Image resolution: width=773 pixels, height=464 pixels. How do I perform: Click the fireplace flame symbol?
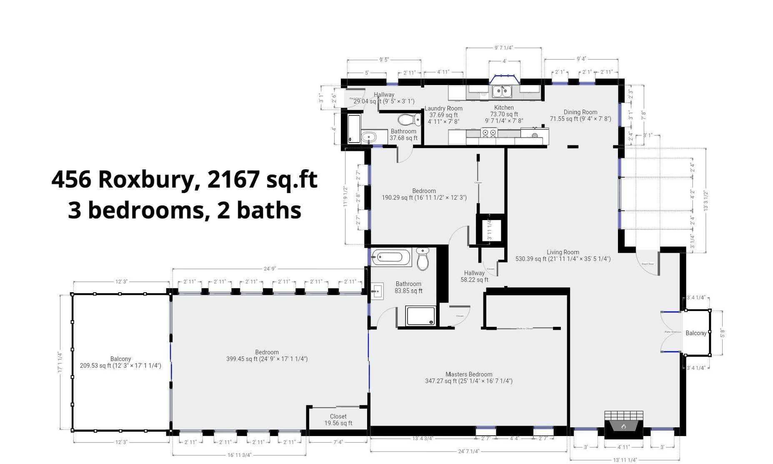pyautogui.click(x=624, y=426)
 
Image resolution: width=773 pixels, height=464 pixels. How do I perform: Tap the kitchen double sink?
pyautogui.click(x=503, y=90)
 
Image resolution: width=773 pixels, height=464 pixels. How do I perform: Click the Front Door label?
pyautogui.click(x=648, y=264)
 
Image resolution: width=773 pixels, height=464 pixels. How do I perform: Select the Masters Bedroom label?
pyautogui.click(x=469, y=374)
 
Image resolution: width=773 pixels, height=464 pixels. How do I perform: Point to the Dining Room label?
pyautogui.click(x=580, y=112)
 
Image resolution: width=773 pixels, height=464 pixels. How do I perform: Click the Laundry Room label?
pyautogui.click(x=443, y=108)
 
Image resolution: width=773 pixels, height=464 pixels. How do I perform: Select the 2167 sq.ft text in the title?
pyautogui.click(x=262, y=180)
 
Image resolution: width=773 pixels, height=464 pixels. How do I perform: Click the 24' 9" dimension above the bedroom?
pyautogui.click(x=270, y=269)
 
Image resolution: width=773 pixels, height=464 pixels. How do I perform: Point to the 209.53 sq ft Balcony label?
pyautogui.click(x=120, y=362)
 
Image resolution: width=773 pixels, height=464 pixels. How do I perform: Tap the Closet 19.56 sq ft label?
pyautogui.click(x=338, y=420)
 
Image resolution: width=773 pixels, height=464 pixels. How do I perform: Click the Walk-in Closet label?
pyautogui.click(x=525, y=329)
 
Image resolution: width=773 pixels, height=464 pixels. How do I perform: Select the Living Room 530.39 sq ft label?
pyautogui.click(x=563, y=256)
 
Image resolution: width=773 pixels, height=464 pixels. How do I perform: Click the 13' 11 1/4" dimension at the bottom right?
pyautogui.click(x=625, y=460)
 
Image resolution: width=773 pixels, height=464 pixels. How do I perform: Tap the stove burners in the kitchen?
pyautogui.click(x=489, y=133)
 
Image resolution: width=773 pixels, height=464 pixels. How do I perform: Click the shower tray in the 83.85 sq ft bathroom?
pyautogui.click(x=421, y=316)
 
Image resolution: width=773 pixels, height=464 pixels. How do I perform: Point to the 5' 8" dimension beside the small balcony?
pyautogui.click(x=723, y=333)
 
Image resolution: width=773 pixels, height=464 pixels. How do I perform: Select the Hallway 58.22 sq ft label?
pyautogui.click(x=474, y=276)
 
